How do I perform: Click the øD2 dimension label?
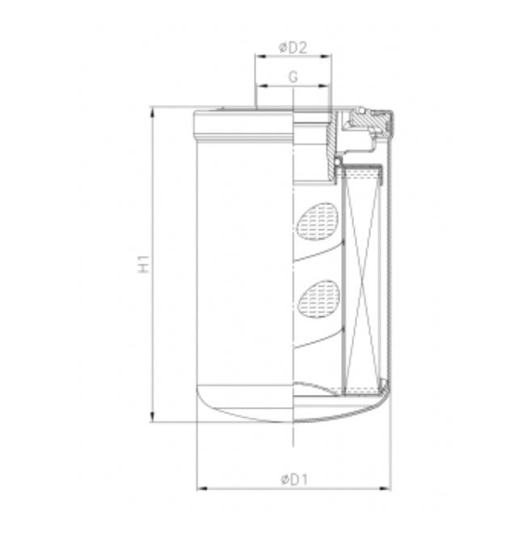[293, 48]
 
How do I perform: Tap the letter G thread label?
[293, 77]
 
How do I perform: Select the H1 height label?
[143, 263]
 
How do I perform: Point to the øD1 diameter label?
[294, 479]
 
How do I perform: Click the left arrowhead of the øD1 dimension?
[201, 488]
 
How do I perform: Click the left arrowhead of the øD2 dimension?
[259, 57]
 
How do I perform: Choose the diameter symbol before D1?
[284, 479]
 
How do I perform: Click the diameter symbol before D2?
[282, 48]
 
